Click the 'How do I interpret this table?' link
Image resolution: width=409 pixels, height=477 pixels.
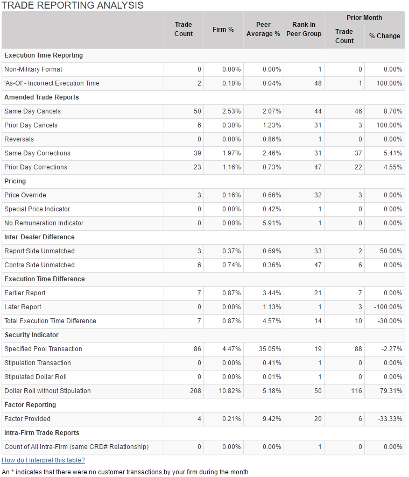(43, 460)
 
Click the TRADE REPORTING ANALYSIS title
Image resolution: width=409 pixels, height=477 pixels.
(73, 5)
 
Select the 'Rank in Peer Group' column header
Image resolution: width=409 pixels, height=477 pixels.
(304, 29)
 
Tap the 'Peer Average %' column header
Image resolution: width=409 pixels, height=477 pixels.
(264, 29)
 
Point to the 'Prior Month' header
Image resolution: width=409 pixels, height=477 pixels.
(364, 18)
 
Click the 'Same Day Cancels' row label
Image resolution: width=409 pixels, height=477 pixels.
(32, 111)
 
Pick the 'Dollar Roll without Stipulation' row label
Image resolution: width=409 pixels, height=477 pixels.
(47, 391)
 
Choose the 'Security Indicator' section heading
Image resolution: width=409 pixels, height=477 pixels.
(31, 335)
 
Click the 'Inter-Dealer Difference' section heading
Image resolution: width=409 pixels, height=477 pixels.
(39, 237)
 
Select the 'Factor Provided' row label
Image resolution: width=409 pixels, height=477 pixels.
(27, 419)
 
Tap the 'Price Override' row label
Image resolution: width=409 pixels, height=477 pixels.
(25, 195)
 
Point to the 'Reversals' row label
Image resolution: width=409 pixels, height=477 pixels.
(19, 139)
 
